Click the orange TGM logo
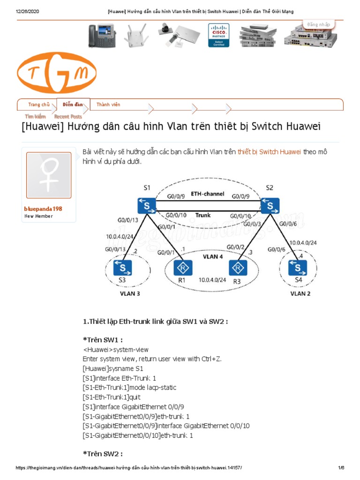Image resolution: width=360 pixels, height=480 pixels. pyautogui.click(x=57, y=72)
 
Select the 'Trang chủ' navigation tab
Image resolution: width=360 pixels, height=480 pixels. pyautogui.click(x=39, y=105)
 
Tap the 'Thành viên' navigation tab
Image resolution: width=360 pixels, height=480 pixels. pyautogui.click(x=108, y=105)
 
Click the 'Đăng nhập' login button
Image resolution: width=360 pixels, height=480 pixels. pyautogui.click(x=319, y=24)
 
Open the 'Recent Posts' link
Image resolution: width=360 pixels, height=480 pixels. pyautogui.click(x=68, y=116)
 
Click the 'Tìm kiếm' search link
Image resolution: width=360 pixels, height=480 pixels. pyautogui.click(x=36, y=116)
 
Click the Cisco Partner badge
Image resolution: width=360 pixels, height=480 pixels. pyautogui.click(x=219, y=35)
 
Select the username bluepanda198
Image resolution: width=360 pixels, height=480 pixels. pyautogui.click(x=43, y=209)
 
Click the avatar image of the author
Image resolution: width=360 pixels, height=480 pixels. pyautogui.click(x=49, y=175)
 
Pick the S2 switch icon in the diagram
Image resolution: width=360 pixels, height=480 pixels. pyautogui.click(x=270, y=205)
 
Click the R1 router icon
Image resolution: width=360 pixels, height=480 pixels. pyautogui.click(x=181, y=268)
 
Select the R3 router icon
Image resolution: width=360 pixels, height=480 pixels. pyautogui.click(x=238, y=268)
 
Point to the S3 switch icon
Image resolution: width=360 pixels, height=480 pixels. pyautogui.click(x=122, y=268)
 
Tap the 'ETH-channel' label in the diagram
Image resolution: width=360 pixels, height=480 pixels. pyautogui.click(x=208, y=194)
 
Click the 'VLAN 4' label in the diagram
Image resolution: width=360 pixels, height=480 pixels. pyautogui.click(x=212, y=257)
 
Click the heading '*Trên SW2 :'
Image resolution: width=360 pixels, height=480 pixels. pyautogui.click(x=103, y=454)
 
